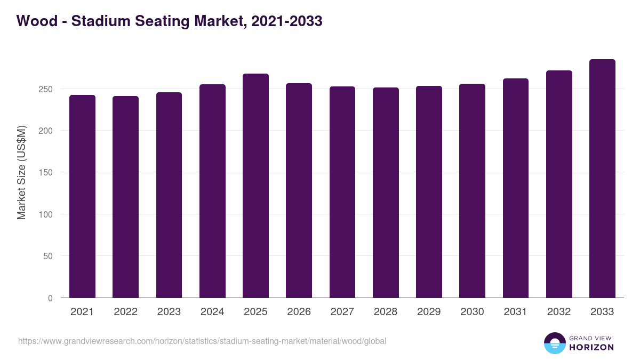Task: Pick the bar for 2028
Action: click(386, 193)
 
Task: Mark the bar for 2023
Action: click(169, 195)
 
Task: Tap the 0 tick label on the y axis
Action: click(50, 298)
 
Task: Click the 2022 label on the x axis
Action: click(125, 312)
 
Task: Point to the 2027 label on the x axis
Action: click(342, 312)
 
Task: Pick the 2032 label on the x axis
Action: click(559, 312)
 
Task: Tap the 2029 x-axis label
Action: click(429, 312)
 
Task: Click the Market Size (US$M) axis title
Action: click(21, 172)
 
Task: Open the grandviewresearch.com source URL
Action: click(202, 341)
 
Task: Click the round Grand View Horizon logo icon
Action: click(554, 343)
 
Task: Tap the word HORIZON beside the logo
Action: click(591, 347)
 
